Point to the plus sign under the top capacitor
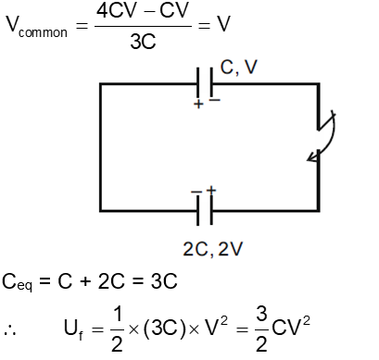click(196, 105)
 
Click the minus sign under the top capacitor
click(214, 100)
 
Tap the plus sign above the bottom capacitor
click(211, 190)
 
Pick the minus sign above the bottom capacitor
click(196, 192)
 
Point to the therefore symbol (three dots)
click(12, 329)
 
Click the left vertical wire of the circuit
click(99, 148)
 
